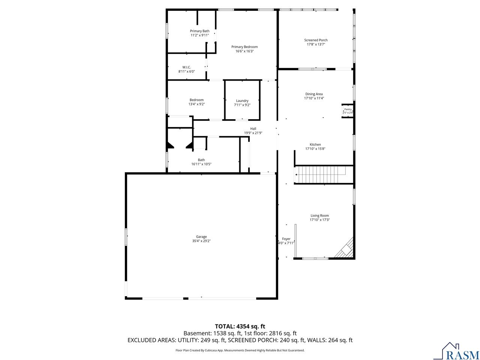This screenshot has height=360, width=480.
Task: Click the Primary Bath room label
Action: tap(199, 31)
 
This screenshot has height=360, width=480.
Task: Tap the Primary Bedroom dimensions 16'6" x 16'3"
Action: tap(244, 51)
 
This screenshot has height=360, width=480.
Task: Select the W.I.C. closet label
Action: tap(186, 67)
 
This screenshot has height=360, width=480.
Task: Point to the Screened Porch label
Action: tap(315, 40)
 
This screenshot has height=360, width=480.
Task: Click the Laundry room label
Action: tap(242, 101)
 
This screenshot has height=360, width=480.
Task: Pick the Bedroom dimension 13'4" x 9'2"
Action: tap(196, 104)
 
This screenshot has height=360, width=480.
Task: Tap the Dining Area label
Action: tap(314, 94)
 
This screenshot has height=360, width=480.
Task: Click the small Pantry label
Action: tap(348, 109)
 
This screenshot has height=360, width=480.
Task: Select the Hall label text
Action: tap(253, 129)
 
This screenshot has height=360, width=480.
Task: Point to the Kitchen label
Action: tap(315, 144)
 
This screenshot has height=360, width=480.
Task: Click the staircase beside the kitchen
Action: tap(320, 175)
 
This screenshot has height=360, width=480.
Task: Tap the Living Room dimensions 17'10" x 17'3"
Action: tap(319, 220)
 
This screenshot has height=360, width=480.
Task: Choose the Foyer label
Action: tap(286, 239)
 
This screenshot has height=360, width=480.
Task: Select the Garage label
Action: tap(201, 237)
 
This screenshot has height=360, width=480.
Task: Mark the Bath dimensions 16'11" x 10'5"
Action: tap(201, 164)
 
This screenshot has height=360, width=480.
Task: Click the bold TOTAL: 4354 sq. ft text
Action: tap(240, 327)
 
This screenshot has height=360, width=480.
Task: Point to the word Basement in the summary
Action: tap(197, 333)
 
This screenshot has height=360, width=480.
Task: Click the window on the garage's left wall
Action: tap(126, 237)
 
